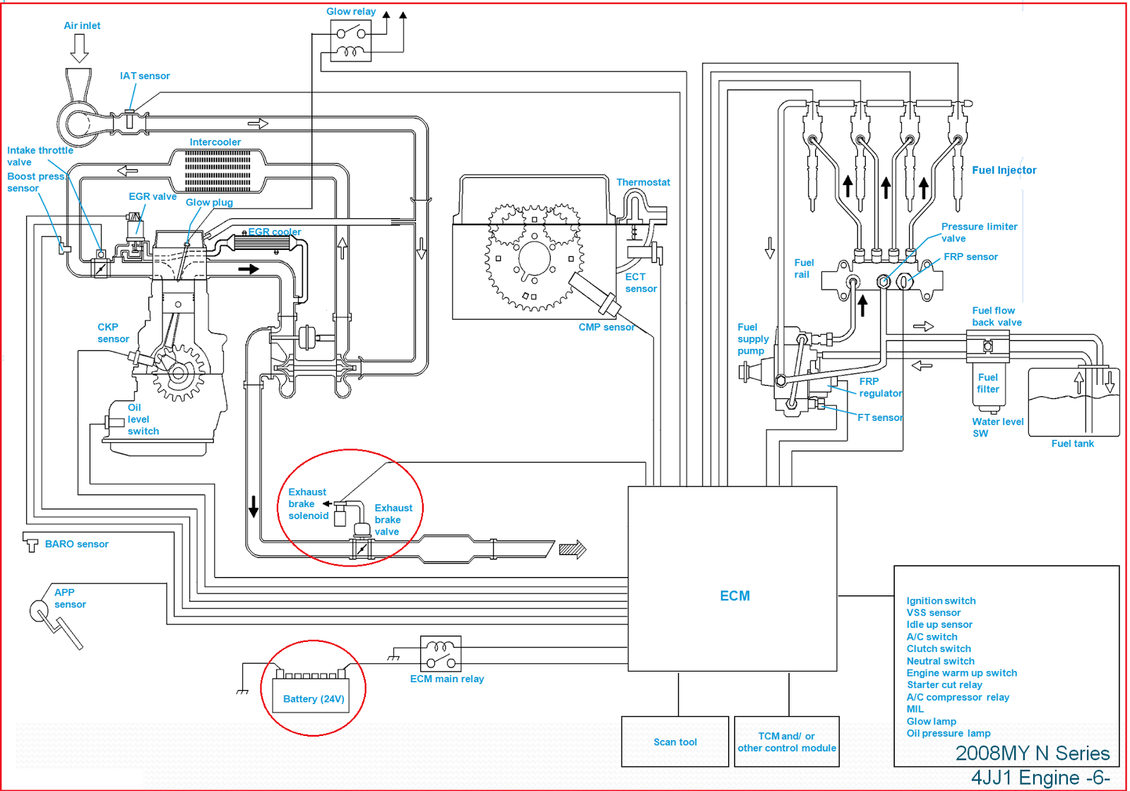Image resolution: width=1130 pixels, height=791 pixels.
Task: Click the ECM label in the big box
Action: click(734, 595)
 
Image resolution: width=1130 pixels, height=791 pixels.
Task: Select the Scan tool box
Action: click(674, 742)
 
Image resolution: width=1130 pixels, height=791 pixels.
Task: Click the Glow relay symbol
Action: click(351, 41)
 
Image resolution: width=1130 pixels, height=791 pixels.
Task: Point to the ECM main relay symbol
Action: click(441, 654)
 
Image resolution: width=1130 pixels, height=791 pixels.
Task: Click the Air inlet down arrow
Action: click(79, 48)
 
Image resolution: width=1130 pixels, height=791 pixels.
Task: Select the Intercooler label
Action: click(215, 142)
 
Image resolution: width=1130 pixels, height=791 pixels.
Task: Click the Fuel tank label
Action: click(1072, 444)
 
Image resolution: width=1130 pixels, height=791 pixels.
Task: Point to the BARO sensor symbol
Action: click(30, 543)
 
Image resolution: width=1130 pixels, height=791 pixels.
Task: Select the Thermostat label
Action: click(643, 182)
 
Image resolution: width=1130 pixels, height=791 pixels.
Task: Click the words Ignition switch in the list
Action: click(941, 600)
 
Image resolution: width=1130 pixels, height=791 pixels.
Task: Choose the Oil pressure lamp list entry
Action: click(948, 733)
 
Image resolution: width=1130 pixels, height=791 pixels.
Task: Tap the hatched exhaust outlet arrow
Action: click(572, 549)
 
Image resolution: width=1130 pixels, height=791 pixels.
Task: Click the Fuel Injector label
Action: click(1004, 170)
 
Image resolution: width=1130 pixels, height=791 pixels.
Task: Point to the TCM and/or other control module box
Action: click(787, 742)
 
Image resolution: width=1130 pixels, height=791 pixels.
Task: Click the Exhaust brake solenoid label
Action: click(308, 504)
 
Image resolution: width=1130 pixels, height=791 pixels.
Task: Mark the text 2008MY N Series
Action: click(1032, 753)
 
